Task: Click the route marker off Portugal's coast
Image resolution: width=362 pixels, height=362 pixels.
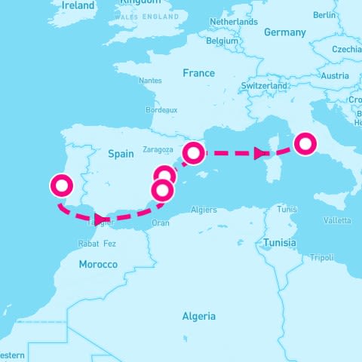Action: click(x=60, y=185)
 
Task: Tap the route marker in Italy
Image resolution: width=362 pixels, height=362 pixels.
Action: click(x=305, y=143)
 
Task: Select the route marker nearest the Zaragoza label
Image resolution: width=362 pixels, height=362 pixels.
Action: click(x=194, y=153)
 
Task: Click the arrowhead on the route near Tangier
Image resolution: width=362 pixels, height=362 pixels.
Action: click(x=100, y=219)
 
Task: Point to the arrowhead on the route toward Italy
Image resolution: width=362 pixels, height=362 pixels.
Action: click(x=260, y=153)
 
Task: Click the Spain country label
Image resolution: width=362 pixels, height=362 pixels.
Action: click(x=121, y=153)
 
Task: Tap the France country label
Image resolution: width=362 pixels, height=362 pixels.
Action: click(x=198, y=73)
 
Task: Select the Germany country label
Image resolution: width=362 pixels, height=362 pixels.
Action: click(x=285, y=32)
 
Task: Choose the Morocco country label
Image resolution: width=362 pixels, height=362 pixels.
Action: click(x=98, y=264)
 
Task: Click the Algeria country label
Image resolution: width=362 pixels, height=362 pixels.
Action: click(x=198, y=316)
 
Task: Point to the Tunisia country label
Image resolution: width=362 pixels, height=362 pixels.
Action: click(x=280, y=243)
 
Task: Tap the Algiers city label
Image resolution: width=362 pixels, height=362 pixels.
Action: click(x=204, y=210)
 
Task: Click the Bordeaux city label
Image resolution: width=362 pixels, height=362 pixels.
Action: click(x=161, y=109)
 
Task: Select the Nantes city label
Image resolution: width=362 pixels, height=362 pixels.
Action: click(x=151, y=80)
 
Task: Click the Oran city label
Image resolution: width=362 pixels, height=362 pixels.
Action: click(x=161, y=223)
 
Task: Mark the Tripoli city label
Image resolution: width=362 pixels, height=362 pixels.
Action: click(x=321, y=258)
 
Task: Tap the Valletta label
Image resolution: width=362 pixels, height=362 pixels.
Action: click(x=336, y=220)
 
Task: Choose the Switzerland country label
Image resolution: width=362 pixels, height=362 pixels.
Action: click(x=264, y=87)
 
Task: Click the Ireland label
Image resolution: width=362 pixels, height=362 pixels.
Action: click(x=78, y=6)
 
